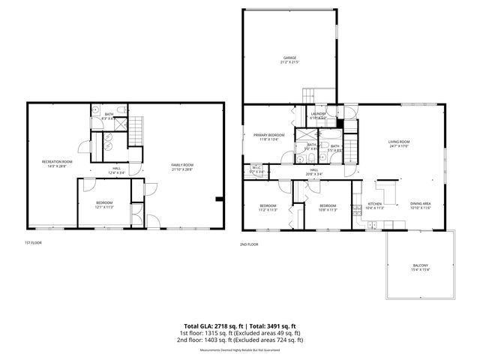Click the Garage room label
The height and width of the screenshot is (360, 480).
[289, 59]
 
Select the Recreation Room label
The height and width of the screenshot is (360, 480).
[57, 163]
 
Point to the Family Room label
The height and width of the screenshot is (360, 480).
[182, 166]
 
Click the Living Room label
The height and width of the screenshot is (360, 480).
[398, 143]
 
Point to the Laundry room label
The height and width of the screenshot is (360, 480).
[318, 115]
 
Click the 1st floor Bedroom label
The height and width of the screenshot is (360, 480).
[104, 204]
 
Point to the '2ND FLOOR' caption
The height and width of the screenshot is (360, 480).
[249, 244]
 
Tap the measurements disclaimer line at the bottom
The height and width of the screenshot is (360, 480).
[239, 349]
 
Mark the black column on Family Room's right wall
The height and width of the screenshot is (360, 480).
[217, 199]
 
